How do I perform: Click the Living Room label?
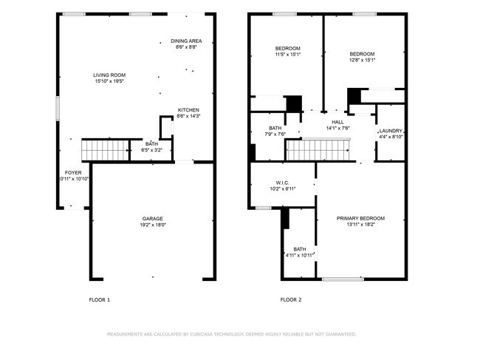pyautogui.click(x=109, y=75)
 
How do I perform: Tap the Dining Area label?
pyautogui.click(x=186, y=41)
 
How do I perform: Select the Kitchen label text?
pyautogui.click(x=188, y=110)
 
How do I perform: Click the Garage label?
pyautogui.click(x=153, y=219)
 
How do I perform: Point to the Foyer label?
pyautogui.click(x=73, y=172)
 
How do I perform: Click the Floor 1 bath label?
pyautogui.click(x=151, y=143)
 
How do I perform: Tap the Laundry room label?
pyautogui.click(x=391, y=130)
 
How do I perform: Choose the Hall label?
pyautogui.click(x=337, y=122)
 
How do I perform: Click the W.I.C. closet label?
pyautogui.click(x=282, y=182)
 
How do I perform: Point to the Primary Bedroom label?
pyautogui.click(x=360, y=218)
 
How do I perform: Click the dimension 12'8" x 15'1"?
pyautogui.click(x=362, y=61)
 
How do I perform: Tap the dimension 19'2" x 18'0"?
pyautogui.click(x=153, y=225)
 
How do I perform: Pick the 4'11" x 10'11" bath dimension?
pyautogui.click(x=300, y=255)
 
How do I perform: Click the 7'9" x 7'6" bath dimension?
pyautogui.click(x=275, y=135)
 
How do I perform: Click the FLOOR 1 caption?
pyautogui.click(x=99, y=299)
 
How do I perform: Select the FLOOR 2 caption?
pyautogui.click(x=290, y=299)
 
